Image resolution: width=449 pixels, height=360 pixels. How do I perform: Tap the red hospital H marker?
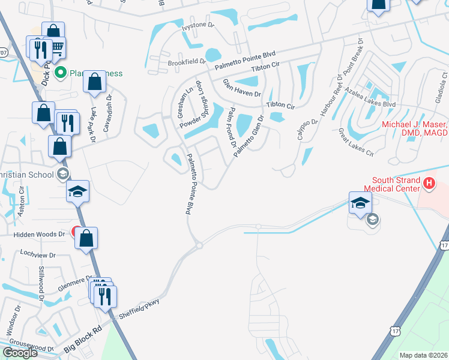point(429,184)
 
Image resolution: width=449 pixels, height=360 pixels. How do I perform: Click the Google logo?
point(19,353)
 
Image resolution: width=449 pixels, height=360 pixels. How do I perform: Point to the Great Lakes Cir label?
point(355,142)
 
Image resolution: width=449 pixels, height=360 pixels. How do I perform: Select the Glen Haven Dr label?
point(243,89)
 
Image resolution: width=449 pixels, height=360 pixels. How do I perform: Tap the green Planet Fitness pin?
point(60,73)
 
